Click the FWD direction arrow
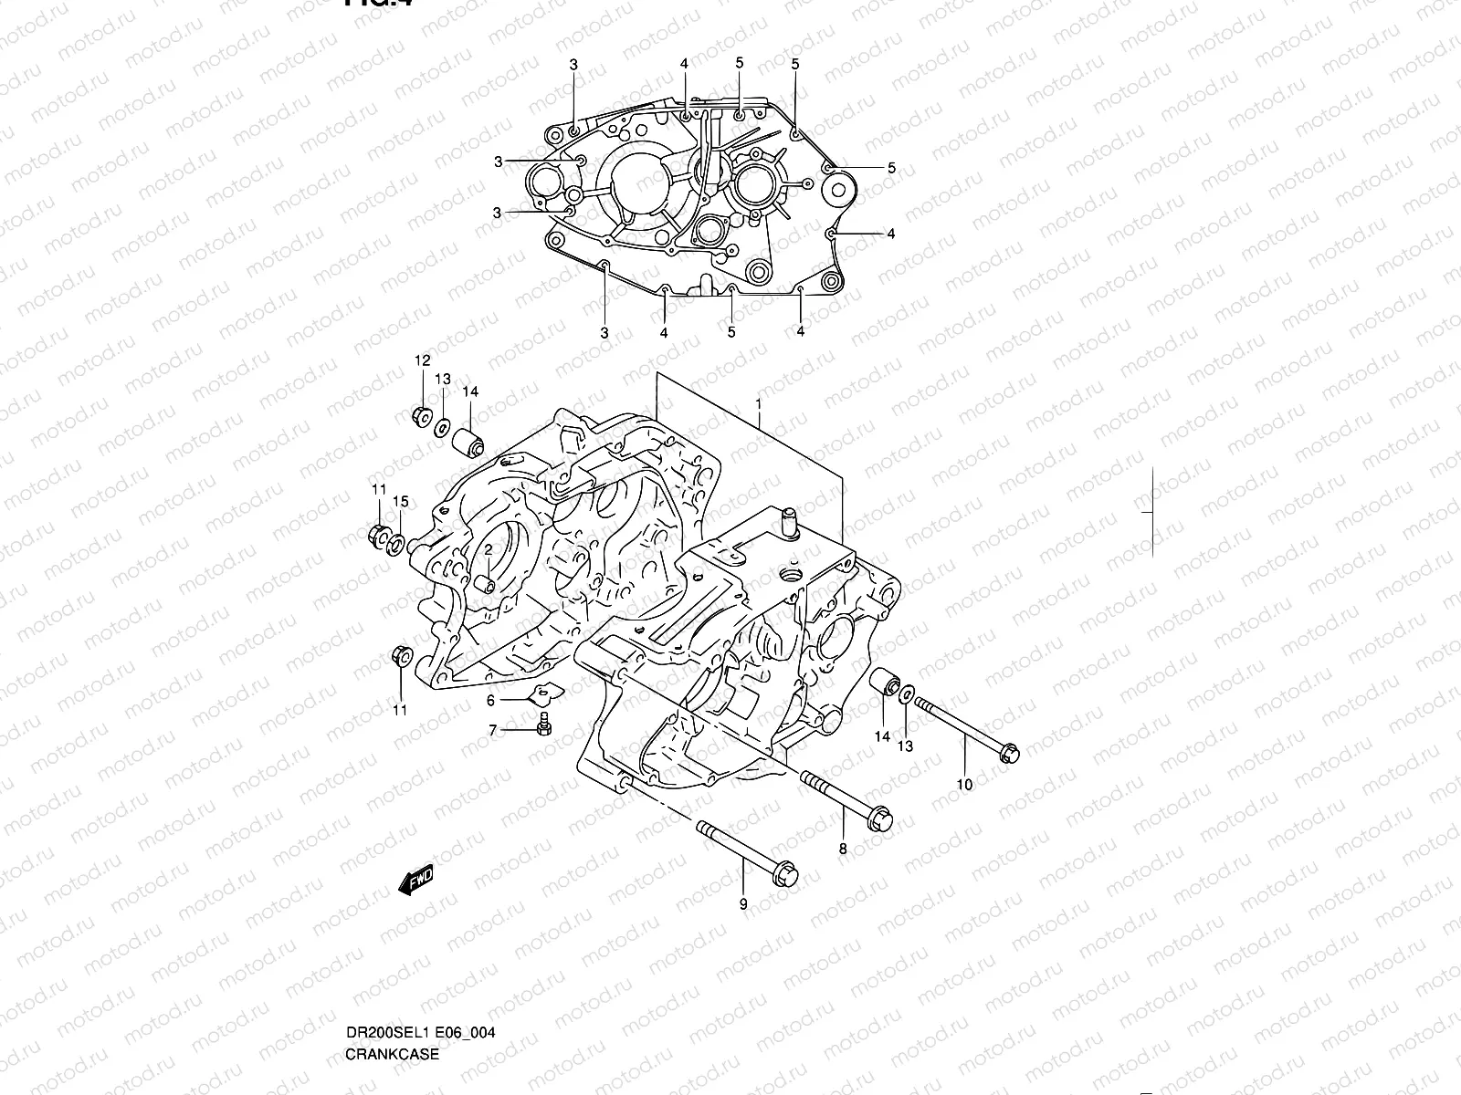pyautogui.click(x=415, y=880)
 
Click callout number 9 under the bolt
pyautogui.click(x=743, y=904)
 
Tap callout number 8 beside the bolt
pyautogui.click(x=843, y=849)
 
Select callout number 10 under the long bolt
pyautogui.click(x=964, y=784)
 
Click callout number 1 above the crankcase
pyautogui.click(x=758, y=402)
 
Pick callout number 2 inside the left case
pyautogui.click(x=489, y=550)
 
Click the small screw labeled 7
pyautogui.click(x=545, y=725)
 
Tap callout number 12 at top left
pyautogui.click(x=422, y=361)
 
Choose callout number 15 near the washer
pyautogui.click(x=400, y=502)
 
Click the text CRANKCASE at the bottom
pyautogui.click(x=392, y=1054)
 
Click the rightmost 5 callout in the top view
pyautogui.click(x=891, y=168)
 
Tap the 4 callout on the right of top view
pyautogui.click(x=890, y=234)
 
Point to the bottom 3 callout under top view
pyautogui.click(x=604, y=333)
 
